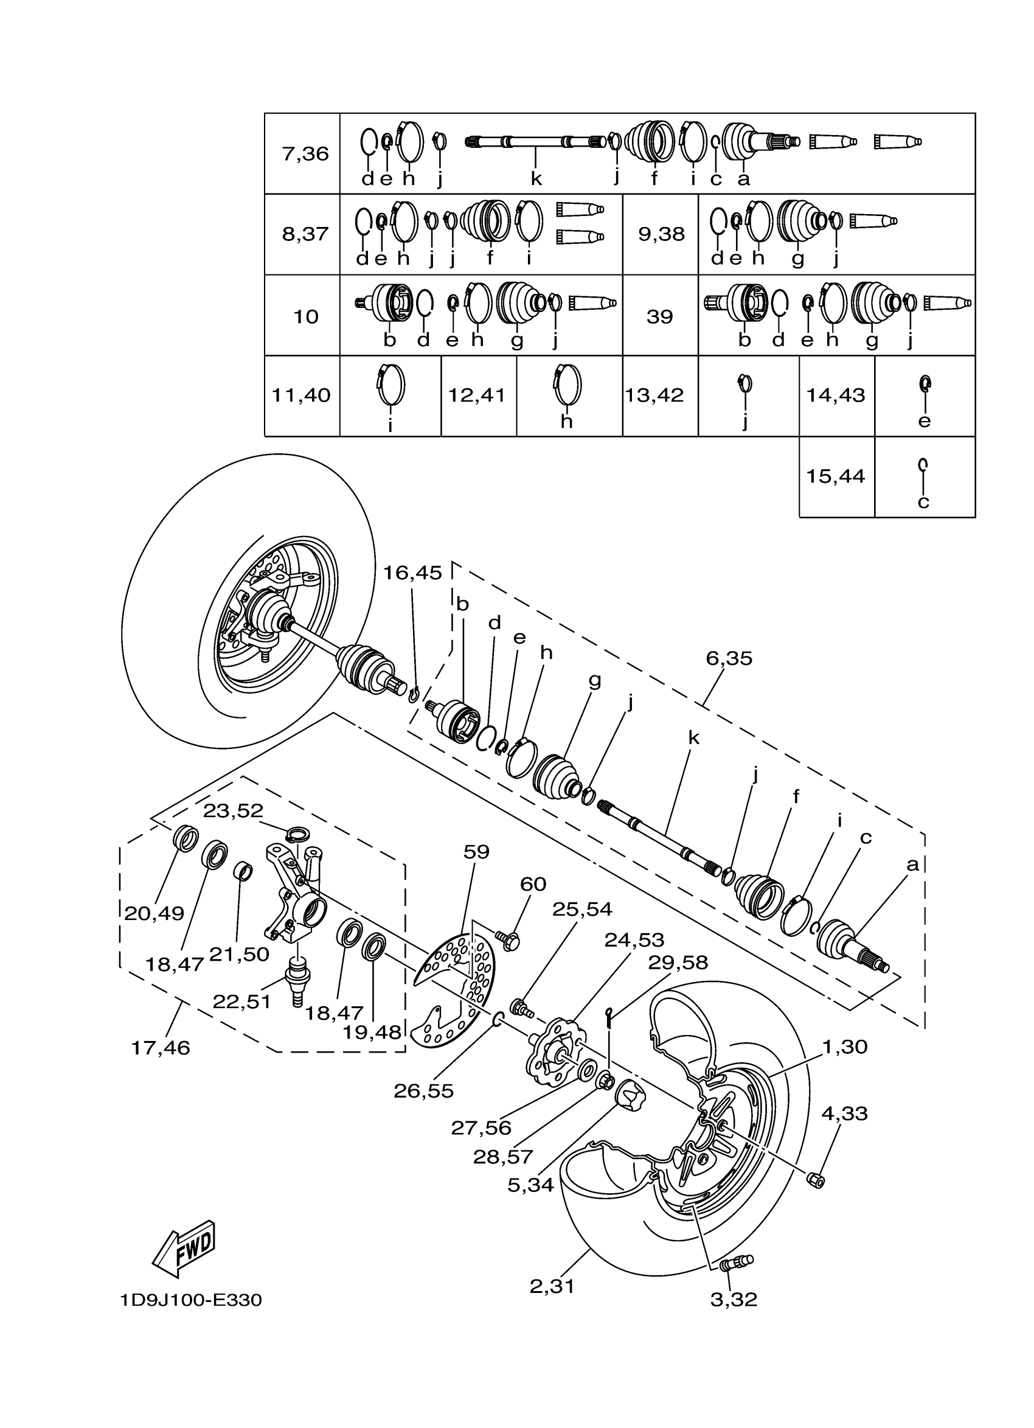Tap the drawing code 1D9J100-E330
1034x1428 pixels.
pyautogui.click(x=191, y=1300)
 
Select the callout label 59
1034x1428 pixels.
pyautogui.click(x=476, y=852)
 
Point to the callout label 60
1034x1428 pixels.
pyautogui.click(x=532, y=884)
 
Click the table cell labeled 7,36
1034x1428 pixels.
pyautogui.click(x=305, y=153)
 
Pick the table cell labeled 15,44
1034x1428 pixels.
pyautogui.click(x=835, y=476)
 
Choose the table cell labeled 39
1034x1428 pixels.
pyautogui.click(x=659, y=316)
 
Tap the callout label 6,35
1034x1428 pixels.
pyautogui.click(x=729, y=658)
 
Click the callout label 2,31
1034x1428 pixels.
pyautogui.click(x=552, y=1286)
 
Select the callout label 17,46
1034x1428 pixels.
pyautogui.click(x=161, y=1048)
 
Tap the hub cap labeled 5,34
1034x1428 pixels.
pyautogui.click(x=630, y=1096)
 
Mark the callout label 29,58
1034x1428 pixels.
pyautogui.click(x=678, y=963)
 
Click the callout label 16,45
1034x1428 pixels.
pyautogui.click(x=412, y=573)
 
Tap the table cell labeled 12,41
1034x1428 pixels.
pyautogui.click(x=476, y=395)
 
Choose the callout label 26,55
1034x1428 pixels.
pyautogui.click(x=423, y=1090)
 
